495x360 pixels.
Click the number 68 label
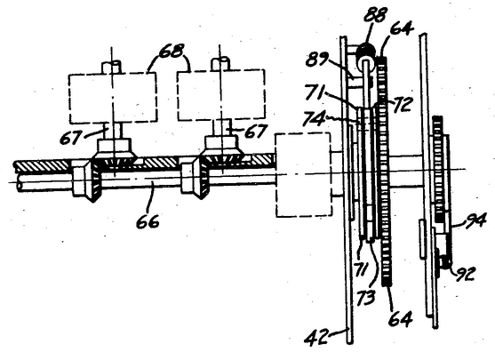point(172,51)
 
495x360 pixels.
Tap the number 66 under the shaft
point(148,221)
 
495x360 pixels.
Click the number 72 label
point(402,104)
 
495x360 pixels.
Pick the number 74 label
point(314,119)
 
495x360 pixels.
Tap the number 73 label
point(366,298)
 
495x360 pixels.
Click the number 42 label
point(316,337)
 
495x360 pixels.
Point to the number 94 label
point(475,220)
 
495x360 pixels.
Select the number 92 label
point(465,274)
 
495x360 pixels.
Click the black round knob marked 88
point(366,52)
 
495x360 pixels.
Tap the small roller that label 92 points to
point(446,261)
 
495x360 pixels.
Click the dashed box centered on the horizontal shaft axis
point(304,174)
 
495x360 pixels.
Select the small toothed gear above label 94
point(438,169)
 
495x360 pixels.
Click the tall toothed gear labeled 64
point(384,171)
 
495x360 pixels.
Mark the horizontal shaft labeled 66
point(148,182)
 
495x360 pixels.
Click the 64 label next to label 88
point(402,28)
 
